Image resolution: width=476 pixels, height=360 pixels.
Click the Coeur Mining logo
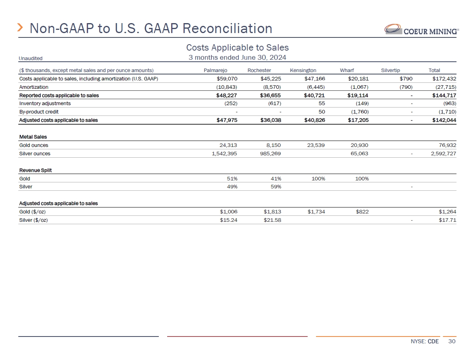coord(421,29)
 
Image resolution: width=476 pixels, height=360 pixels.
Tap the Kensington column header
coord(303,70)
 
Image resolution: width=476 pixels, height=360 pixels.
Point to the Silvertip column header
coord(390,70)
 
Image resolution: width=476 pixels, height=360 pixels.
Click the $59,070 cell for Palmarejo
coord(226,79)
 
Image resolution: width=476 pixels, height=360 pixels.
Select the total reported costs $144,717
coord(444,96)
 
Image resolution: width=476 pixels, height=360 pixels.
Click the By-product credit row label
coord(39,112)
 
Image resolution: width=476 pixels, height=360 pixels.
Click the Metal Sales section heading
coord(33,137)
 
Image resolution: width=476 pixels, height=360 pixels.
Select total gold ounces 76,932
coord(447,145)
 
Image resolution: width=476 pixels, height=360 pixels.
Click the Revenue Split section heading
coord(35,170)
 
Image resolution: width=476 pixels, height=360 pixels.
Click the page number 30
coord(451,342)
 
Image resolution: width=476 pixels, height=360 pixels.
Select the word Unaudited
coord(31,59)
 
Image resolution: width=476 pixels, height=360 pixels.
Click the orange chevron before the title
coord(21,28)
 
